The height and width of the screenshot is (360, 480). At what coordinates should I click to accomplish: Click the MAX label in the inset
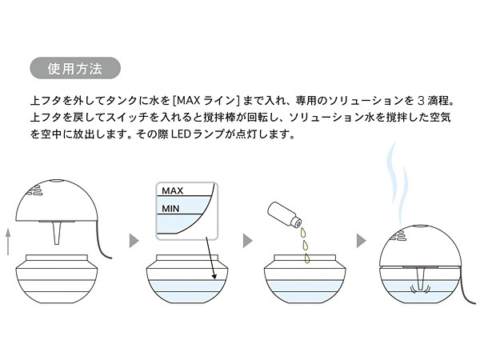click(x=173, y=190)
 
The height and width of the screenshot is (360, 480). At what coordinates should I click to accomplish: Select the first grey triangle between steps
click(x=134, y=241)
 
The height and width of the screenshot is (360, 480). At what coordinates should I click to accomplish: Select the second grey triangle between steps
click(x=248, y=241)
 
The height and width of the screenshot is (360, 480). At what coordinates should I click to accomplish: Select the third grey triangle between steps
click(x=362, y=241)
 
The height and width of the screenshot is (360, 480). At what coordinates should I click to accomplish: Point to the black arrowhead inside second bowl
click(x=214, y=276)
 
